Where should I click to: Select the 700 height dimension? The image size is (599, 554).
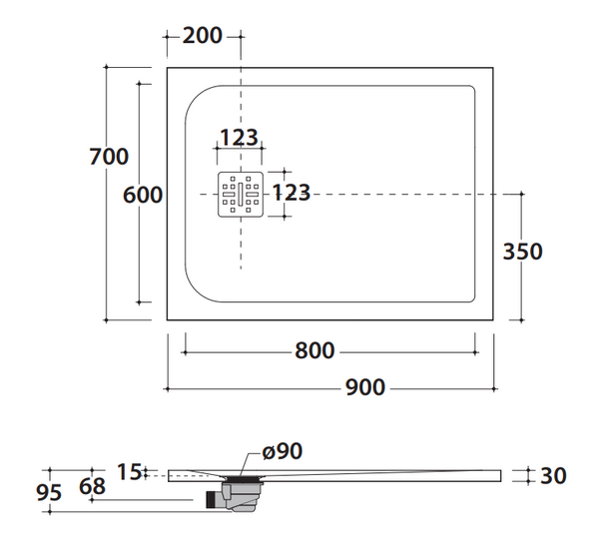click(108, 157)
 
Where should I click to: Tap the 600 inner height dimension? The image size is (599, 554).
click(143, 195)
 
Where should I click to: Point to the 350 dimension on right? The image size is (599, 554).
click(522, 252)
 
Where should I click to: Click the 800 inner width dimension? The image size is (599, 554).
click(314, 351)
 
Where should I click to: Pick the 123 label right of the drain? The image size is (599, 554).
click(292, 192)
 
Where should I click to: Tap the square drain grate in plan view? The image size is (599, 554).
click(241, 194)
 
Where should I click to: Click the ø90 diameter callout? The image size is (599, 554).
click(282, 451)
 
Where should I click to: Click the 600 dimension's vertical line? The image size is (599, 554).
click(140, 250)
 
